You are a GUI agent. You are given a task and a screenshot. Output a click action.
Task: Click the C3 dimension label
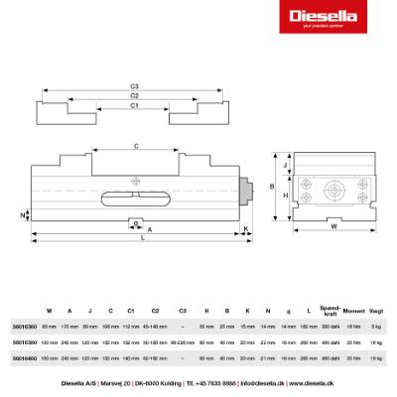pyautogui.click(x=135, y=86)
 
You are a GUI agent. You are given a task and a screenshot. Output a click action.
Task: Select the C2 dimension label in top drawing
pyautogui.click(x=135, y=95)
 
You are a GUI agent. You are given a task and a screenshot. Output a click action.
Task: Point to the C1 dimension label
pyautogui.click(x=135, y=104)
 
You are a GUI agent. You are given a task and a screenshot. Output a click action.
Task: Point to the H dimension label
pyautogui.click(x=286, y=196)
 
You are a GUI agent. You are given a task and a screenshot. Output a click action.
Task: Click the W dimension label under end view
pyautogui.click(x=332, y=226)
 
